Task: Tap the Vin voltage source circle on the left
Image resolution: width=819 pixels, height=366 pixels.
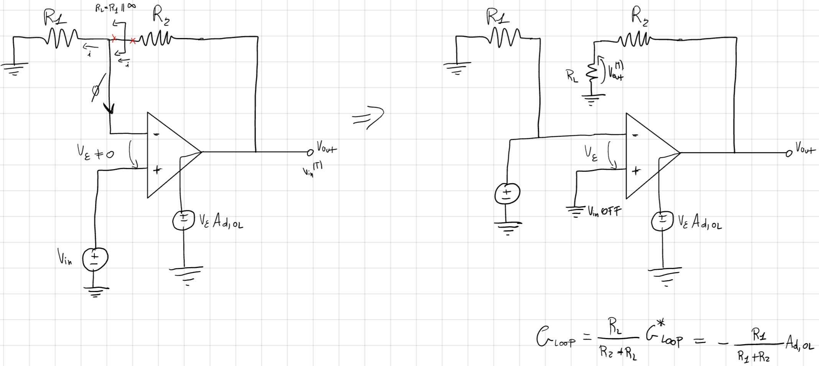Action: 95,259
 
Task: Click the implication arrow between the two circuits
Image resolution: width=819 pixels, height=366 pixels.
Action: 368,117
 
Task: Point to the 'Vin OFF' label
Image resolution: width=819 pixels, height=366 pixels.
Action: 605,211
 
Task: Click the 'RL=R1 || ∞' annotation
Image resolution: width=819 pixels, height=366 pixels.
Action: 115,8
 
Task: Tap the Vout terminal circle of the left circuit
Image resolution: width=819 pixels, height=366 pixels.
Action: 310,153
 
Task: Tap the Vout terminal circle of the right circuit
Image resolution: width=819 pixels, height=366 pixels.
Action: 789,154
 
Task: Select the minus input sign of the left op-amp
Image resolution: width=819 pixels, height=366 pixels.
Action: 156,134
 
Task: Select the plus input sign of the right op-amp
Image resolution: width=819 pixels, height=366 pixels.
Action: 635,171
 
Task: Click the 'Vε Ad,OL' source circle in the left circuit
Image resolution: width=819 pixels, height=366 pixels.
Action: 184,220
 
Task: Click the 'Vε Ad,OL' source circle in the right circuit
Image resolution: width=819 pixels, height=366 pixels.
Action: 662,221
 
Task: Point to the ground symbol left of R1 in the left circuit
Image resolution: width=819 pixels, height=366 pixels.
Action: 14,68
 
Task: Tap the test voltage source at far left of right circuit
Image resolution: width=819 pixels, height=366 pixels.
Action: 507,194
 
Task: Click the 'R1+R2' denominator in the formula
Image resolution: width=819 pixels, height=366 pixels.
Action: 753,357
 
